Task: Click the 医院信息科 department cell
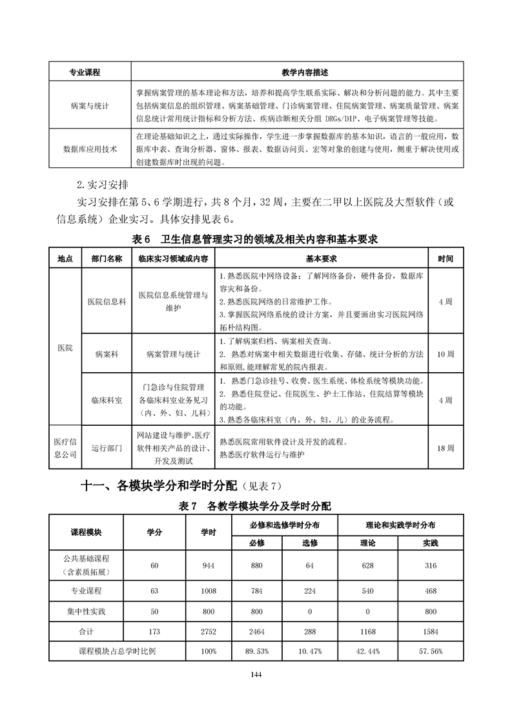click(x=107, y=302)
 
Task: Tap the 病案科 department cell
click(x=107, y=354)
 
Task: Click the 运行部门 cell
click(x=107, y=447)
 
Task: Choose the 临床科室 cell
click(x=107, y=401)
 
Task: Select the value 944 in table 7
click(x=209, y=566)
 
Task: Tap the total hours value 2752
click(x=209, y=631)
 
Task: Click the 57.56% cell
click(x=430, y=651)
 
